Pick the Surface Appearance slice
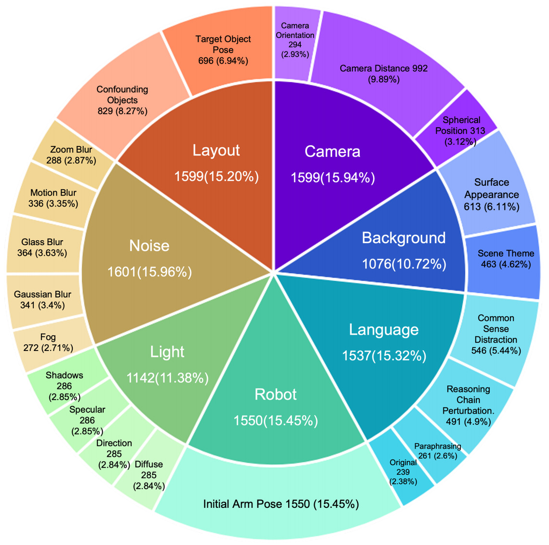click(x=492, y=194)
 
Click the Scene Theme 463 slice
click(x=506, y=259)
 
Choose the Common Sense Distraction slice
click(x=496, y=334)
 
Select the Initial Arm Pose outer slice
click(x=281, y=504)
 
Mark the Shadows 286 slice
click(x=64, y=385)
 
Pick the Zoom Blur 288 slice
click(x=71, y=155)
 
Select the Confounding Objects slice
click(x=122, y=100)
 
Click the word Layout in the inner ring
click(x=216, y=150)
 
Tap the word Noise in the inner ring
click(x=149, y=246)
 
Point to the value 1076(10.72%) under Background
click(x=404, y=263)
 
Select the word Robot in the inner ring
click(x=276, y=394)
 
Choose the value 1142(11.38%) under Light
click(x=167, y=378)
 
